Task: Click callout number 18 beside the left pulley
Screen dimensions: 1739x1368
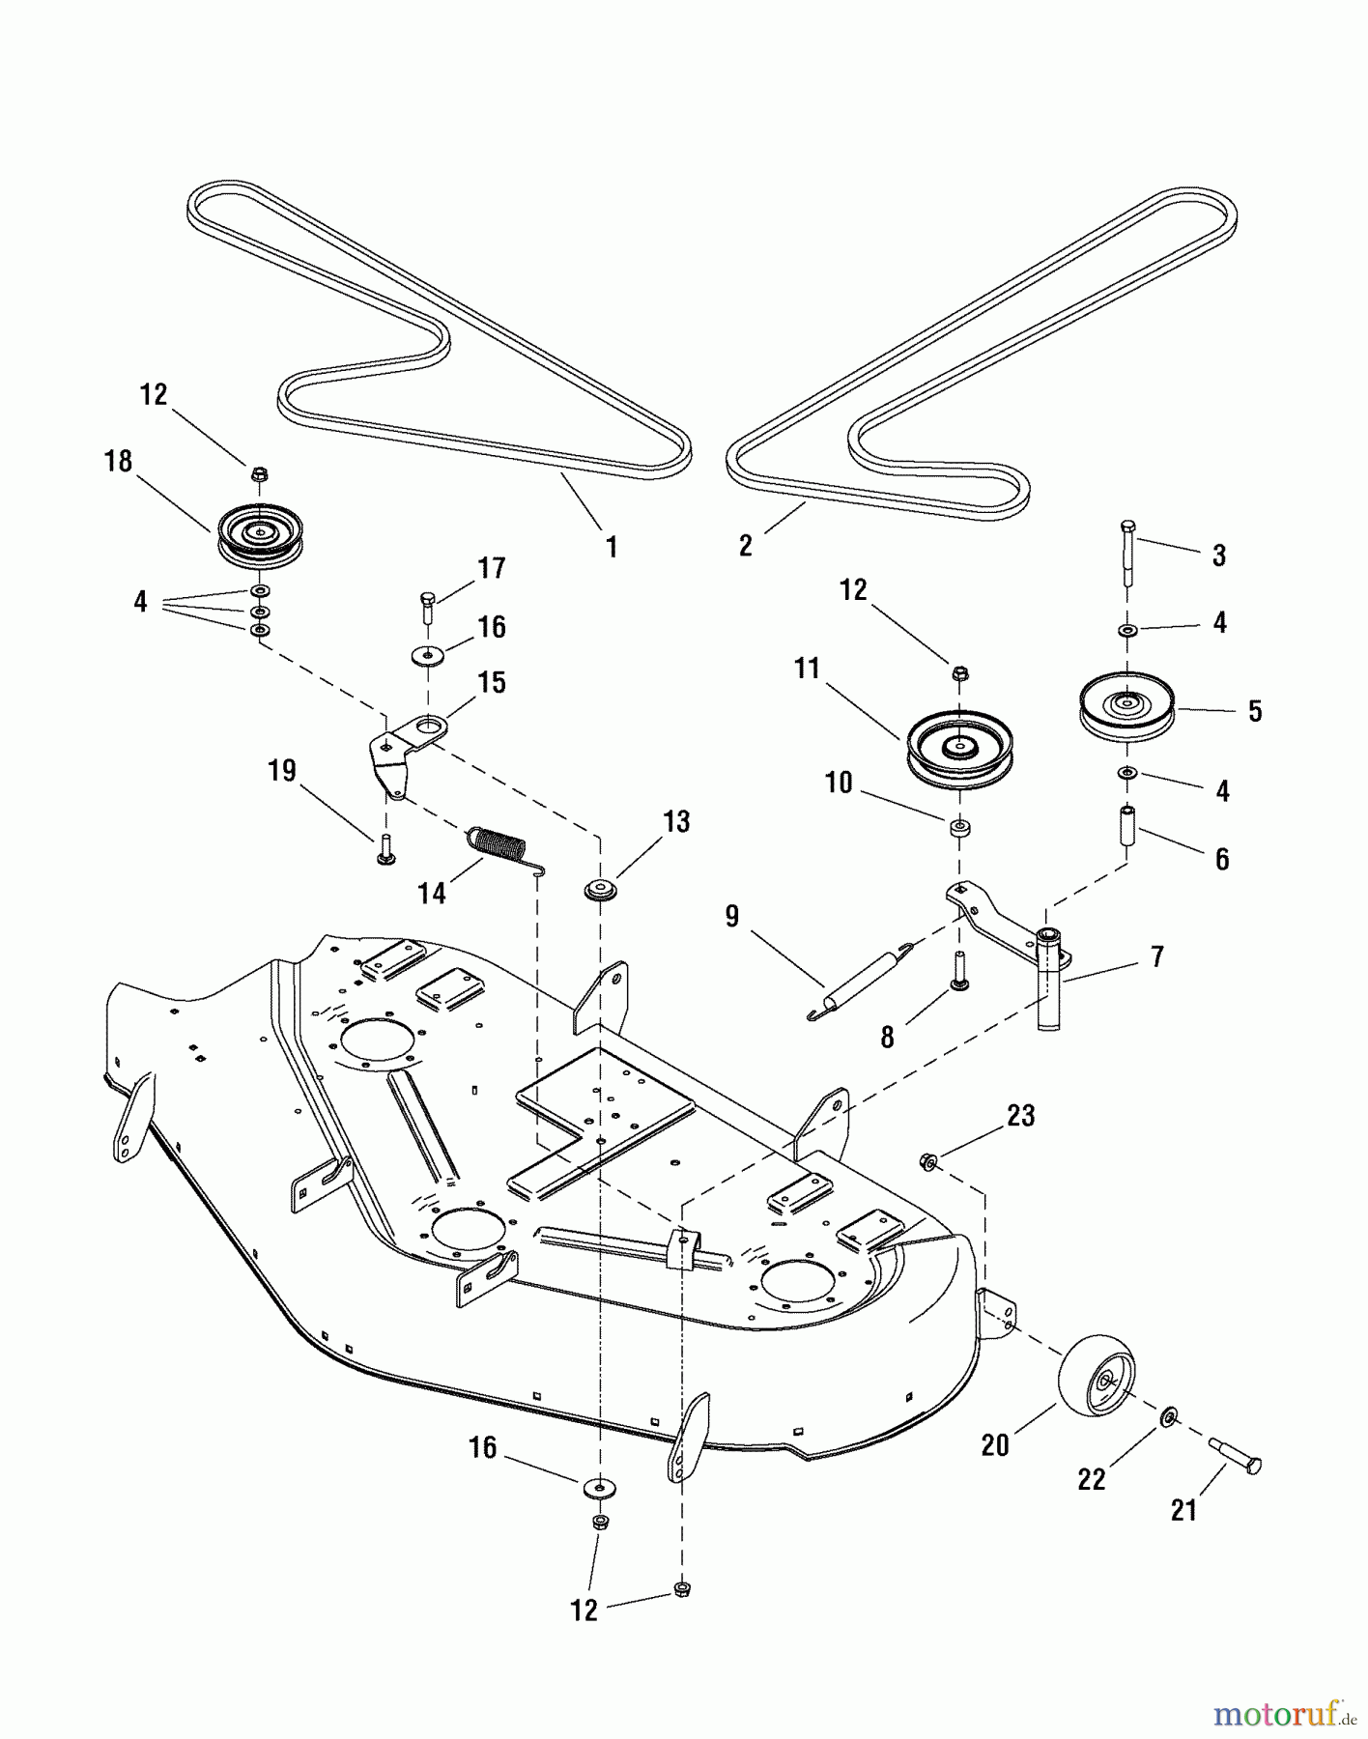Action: pyautogui.click(x=118, y=462)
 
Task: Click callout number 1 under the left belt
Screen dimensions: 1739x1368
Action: pyautogui.click(x=611, y=547)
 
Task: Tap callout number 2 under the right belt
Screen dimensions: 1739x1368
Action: pyautogui.click(x=745, y=545)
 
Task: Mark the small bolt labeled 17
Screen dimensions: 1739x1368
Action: pyautogui.click(x=428, y=610)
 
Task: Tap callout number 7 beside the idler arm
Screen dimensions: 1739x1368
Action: pyautogui.click(x=1156, y=956)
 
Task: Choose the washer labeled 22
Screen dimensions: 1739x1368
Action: pyautogui.click(x=1168, y=1417)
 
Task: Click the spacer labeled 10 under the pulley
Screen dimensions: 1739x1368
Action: pyautogui.click(x=958, y=828)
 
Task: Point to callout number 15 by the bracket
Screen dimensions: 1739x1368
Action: pyautogui.click(x=492, y=682)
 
